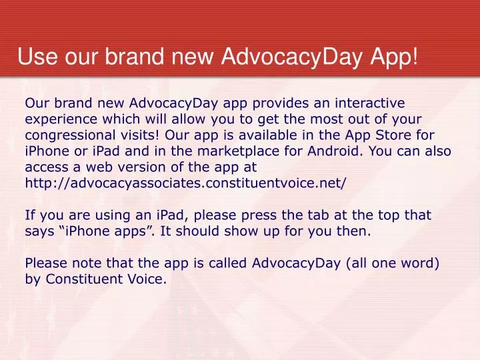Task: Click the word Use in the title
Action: point(37,56)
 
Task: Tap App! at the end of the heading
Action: point(394,58)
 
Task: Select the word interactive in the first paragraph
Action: point(370,103)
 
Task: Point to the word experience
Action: point(61,120)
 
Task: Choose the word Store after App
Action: point(393,135)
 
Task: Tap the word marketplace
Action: point(238,151)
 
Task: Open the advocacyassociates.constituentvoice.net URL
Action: point(185,183)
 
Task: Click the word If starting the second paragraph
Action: point(30,215)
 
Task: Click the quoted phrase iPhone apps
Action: point(106,231)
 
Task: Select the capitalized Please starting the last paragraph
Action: point(46,263)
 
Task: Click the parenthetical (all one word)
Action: point(393,263)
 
